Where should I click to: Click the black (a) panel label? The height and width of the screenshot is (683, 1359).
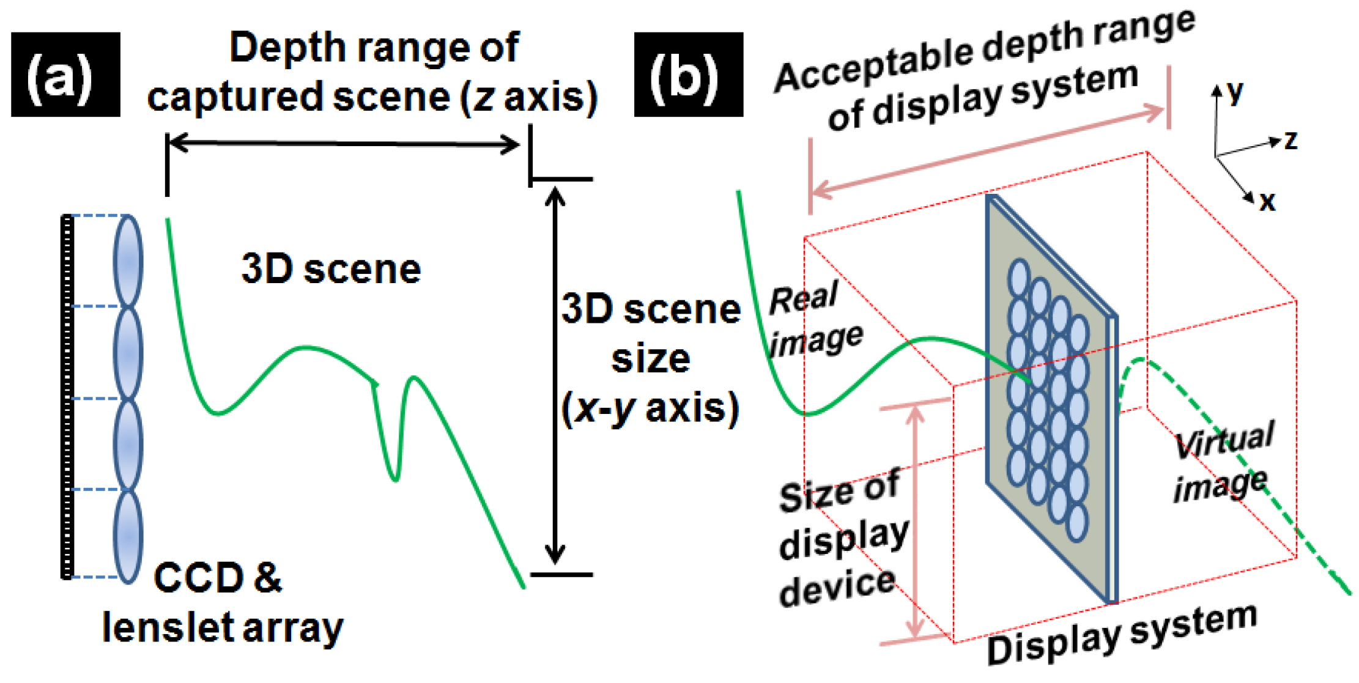click(65, 75)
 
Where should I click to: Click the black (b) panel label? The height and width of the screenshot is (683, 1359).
click(688, 75)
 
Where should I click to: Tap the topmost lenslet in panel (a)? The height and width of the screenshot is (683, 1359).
click(128, 261)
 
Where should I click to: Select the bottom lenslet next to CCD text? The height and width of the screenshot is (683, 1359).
click(128, 536)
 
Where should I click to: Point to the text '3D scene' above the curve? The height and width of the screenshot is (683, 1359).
click(331, 269)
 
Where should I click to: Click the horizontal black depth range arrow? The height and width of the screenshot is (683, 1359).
click(343, 144)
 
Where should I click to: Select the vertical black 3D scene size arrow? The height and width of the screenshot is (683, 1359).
click(555, 374)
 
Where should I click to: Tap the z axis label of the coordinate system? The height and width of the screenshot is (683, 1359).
click(1290, 141)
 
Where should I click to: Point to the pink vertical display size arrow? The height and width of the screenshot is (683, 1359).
click(915, 523)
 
